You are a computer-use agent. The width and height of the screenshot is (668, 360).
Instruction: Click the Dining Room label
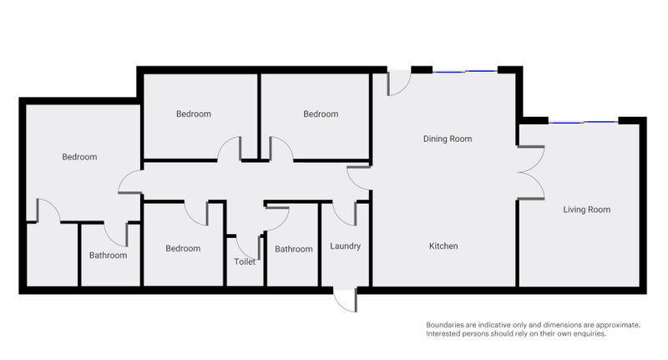(x=448, y=139)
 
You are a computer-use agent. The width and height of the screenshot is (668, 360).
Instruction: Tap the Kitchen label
(x=443, y=246)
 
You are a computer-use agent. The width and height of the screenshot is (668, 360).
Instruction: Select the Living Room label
(x=586, y=210)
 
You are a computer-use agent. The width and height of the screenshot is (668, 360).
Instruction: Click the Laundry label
(x=345, y=246)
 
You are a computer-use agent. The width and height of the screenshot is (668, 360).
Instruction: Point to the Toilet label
(x=245, y=261)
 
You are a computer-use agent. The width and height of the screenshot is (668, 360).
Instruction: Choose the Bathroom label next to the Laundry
(x=294, y=249)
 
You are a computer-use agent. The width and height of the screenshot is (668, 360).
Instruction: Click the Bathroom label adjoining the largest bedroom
(x=109, y=256)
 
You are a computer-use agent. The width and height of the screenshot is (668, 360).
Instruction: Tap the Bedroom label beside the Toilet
(x=183, y=248)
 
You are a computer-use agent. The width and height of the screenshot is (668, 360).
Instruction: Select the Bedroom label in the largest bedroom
(x=79, y=157)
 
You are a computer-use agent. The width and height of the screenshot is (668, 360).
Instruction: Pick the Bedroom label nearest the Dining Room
(x=321, y=114)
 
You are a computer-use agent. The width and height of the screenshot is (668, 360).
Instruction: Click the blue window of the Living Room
(x=584, y=122)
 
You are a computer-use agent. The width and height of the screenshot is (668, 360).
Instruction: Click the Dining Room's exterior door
(x=399, y=81)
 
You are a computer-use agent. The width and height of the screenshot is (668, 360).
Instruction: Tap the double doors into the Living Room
(x=529, y=172)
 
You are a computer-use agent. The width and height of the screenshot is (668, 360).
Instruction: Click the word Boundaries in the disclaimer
(x=447, y=325)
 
